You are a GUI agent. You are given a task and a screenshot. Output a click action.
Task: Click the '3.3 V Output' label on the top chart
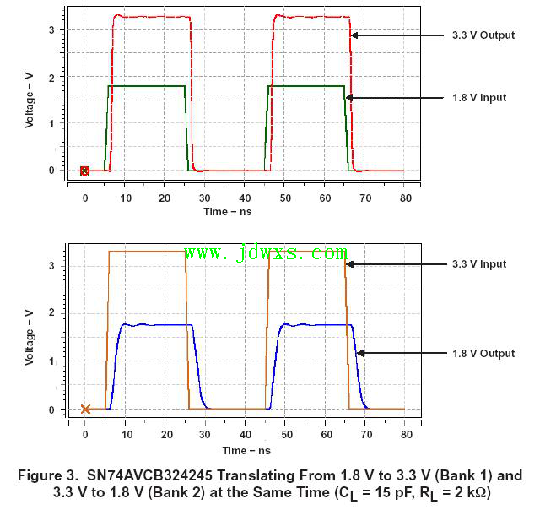(478, 35)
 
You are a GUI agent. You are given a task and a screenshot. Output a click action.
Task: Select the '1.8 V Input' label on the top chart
(478, 98)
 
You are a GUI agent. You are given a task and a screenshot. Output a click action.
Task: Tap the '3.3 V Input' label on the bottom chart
(478, 264)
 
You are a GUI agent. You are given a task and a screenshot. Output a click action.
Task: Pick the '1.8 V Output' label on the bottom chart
(482, 354)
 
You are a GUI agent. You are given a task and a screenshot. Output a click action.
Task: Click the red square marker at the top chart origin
(84, 171)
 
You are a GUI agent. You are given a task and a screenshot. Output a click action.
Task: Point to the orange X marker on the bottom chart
(85, 410)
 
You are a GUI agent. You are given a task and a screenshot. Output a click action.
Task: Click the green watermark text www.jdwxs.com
(265, 252)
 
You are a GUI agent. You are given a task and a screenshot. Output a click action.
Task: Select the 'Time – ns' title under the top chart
(228, 212)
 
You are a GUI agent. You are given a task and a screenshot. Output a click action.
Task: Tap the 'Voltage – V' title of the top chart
(30, 99)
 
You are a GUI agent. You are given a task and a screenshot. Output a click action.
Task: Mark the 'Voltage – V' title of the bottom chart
(30, 339)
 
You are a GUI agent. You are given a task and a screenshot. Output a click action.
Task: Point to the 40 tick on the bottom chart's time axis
(245, 436)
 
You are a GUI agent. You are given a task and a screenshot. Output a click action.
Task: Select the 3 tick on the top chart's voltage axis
(52, 30)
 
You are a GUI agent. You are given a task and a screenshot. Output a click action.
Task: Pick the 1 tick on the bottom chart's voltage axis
(52, 361)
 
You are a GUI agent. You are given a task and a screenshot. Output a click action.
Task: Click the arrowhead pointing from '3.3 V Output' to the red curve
(354, 35)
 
